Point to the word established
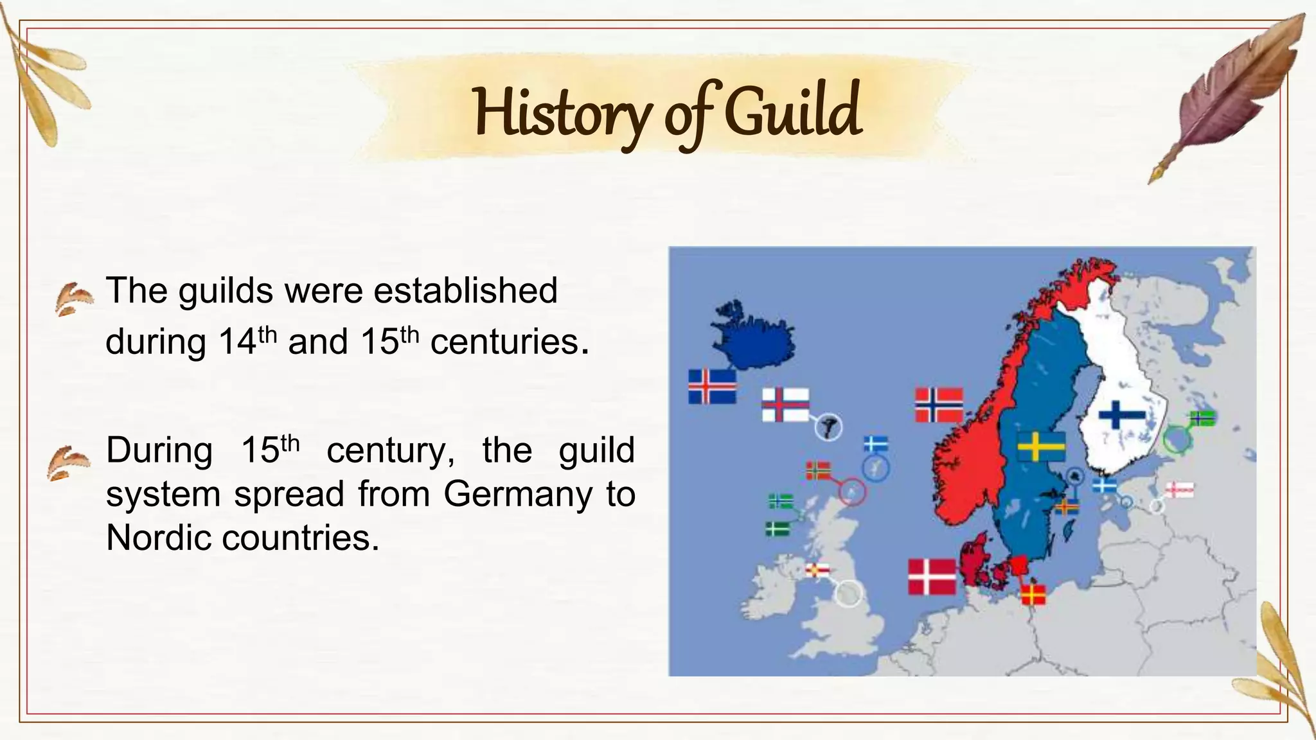click(465, 290)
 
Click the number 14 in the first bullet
click(237, 342)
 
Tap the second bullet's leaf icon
click(67, 463)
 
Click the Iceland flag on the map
click(712, 386)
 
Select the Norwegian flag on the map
click(939, 405)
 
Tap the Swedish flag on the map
click(1041, 446)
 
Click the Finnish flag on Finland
click(1122, 414)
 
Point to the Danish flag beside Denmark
click(932, 576)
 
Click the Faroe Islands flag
click(785, 405)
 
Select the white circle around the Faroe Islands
click(828, 427)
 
